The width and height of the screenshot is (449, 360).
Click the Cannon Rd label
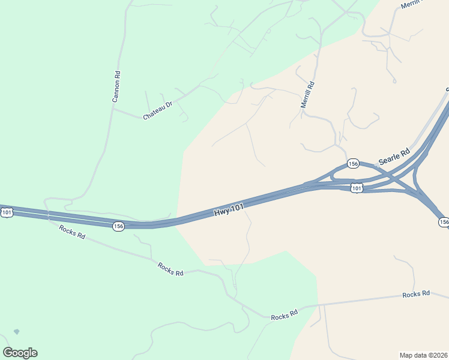click(117, 87)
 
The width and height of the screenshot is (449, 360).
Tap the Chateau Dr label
click(158, 109)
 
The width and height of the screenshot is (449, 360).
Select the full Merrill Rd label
click(307, 95)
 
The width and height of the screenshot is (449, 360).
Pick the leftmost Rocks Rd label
click(72, 231)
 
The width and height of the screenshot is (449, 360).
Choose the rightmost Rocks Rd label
click(416, 294)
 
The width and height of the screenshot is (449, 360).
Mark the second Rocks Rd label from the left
click(170, 269)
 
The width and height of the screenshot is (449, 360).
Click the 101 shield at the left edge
click(7, 212)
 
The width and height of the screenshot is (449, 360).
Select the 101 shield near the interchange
click(357, 188)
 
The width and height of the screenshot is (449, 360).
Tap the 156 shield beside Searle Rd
click(353, 164)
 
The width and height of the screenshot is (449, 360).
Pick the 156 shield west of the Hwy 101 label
click(118, 226)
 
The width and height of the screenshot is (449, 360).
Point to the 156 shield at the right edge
click(444, 222)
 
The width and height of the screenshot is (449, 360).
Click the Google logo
click(20, 353)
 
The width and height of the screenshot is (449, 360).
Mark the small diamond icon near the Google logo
click(16, 331)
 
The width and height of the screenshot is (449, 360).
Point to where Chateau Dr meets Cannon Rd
click(113, 109)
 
